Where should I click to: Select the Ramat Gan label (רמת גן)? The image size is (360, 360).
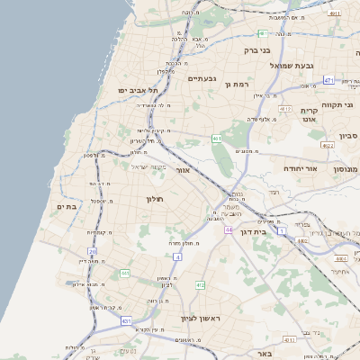pos(236,84)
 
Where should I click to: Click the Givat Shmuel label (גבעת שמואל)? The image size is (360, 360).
pos(317,65)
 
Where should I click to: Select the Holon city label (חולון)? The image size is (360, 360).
pos(151,199)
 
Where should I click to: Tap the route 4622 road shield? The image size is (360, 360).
pos(327,145)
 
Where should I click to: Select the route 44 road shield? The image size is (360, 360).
pos(229,230)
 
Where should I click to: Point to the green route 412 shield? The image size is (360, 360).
pos(200,285)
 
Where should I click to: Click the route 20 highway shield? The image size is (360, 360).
pos(92,252)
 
